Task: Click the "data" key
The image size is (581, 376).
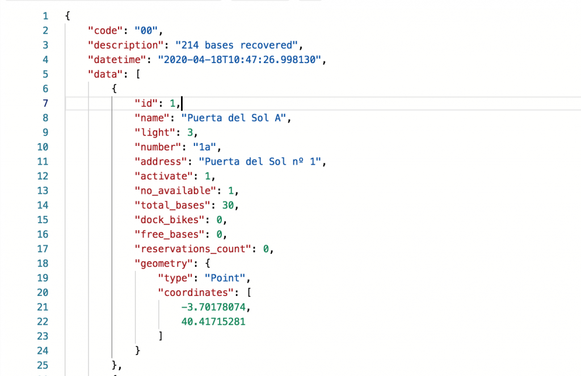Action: point(103,74)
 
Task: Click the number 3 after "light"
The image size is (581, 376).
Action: point(191,132)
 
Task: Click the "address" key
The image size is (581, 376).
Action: point(155,161)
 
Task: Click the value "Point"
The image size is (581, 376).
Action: point(226,278)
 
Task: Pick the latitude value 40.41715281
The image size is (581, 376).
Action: point(214,321)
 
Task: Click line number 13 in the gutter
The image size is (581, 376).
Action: point(44,190)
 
